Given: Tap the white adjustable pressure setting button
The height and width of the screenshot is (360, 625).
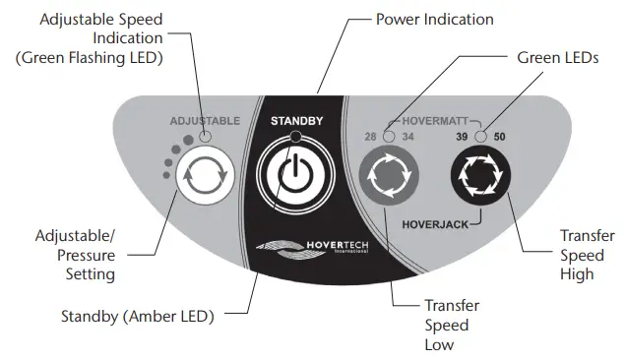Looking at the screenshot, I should tap(204, 177).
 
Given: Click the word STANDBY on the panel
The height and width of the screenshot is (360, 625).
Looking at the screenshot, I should tap(296, 121).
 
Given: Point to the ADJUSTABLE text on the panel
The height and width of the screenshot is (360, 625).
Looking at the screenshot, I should tap(205, 121).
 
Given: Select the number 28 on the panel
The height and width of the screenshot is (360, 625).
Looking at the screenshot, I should tap(371, 137).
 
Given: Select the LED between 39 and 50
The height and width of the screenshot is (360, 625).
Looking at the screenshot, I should tap(479, 136).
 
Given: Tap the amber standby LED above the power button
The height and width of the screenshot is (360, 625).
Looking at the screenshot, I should tap(296, 137).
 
